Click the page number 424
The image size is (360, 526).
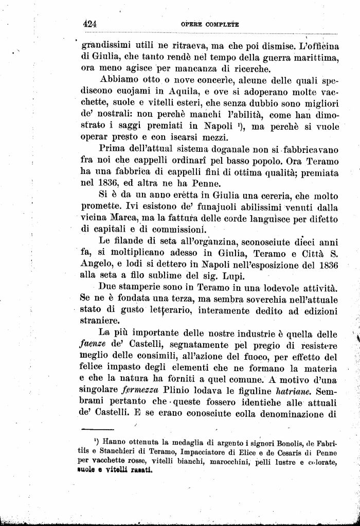click(x=90, y=24)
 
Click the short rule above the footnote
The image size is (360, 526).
click(x=97, y=429)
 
